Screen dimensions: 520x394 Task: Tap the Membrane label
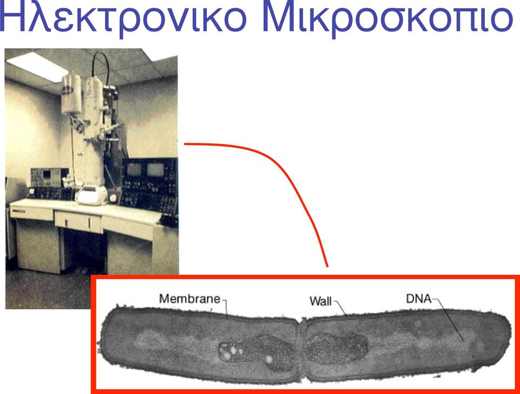click(190, 299)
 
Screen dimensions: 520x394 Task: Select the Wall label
click(320, 301)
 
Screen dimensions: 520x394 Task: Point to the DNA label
click(419, 299)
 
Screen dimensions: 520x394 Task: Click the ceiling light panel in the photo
click(36, 65)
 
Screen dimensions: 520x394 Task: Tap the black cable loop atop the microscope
click(101, 66)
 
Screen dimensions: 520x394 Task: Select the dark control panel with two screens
click(149, 186)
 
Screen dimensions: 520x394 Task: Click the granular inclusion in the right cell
click(336, 349)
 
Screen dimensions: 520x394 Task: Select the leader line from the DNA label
click(448, 319)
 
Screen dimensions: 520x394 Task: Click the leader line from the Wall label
click(340, 308)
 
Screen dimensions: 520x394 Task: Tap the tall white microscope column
click(94, 133)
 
